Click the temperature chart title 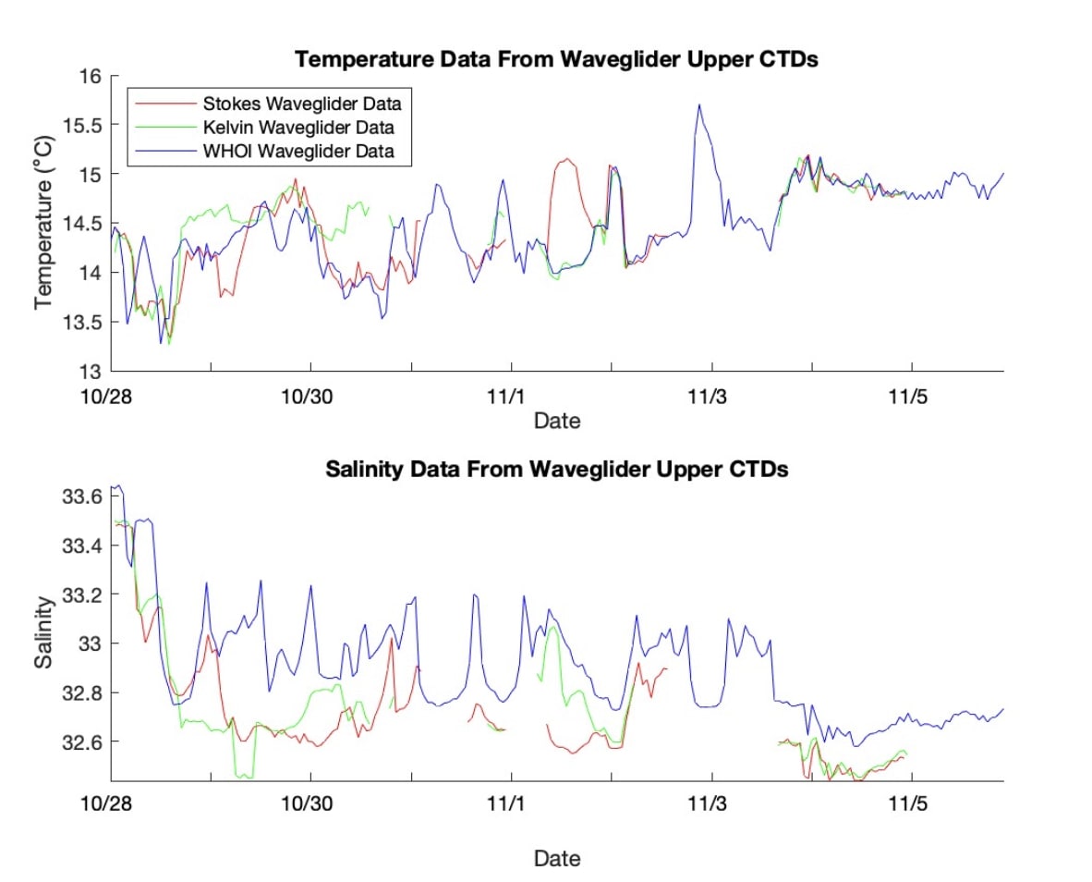tap(557, 60)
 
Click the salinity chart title tap(557, 470)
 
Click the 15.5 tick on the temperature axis tap(86, 125)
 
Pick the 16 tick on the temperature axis tap(93, 76)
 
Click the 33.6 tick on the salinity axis tap(86, 496)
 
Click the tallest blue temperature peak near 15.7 tap(699, 105)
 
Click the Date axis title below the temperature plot tap(557, 422)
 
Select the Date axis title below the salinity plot tap(557, 859)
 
